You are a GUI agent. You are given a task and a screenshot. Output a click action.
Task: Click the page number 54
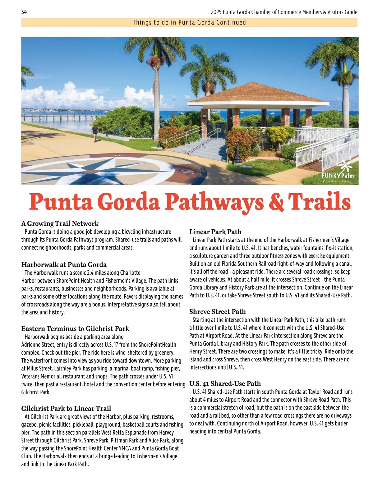[x=24, y=12]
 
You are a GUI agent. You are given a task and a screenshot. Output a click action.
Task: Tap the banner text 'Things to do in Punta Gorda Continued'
[x=189, y=22]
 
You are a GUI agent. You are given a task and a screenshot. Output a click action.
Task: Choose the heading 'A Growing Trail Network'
[x=60, y=223]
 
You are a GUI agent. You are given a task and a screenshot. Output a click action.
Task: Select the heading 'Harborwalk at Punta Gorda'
[x=64, y=264]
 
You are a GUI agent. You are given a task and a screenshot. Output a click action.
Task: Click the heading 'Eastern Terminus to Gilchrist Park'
[x=75, y=328]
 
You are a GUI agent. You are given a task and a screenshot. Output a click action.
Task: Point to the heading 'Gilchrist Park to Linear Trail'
[x=66, y=408]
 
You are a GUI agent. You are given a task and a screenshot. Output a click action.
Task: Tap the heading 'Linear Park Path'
[x=215, y=232]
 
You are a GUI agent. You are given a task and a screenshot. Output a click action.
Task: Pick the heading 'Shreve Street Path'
[x=217, y=311]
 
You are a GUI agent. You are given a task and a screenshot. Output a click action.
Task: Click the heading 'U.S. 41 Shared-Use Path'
[x=225, y=383]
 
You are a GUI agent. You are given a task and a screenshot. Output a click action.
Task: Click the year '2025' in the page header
[x=216, y=12]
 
